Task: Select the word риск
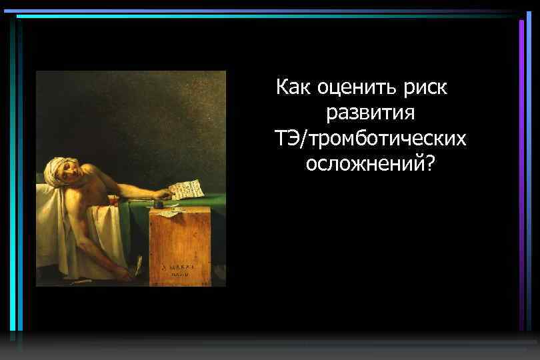425,87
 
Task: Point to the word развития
370,113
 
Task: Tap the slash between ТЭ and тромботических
305,139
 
